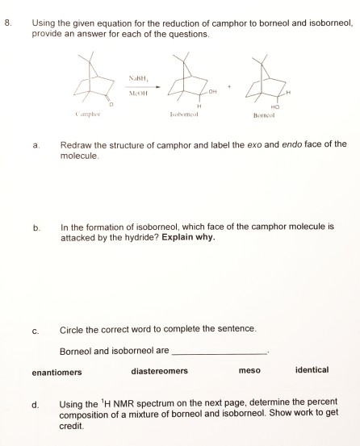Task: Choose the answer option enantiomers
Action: [x=57, y=372]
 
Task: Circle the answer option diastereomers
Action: [x=159, y=371]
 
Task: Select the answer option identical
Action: [x=312, y=370]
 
